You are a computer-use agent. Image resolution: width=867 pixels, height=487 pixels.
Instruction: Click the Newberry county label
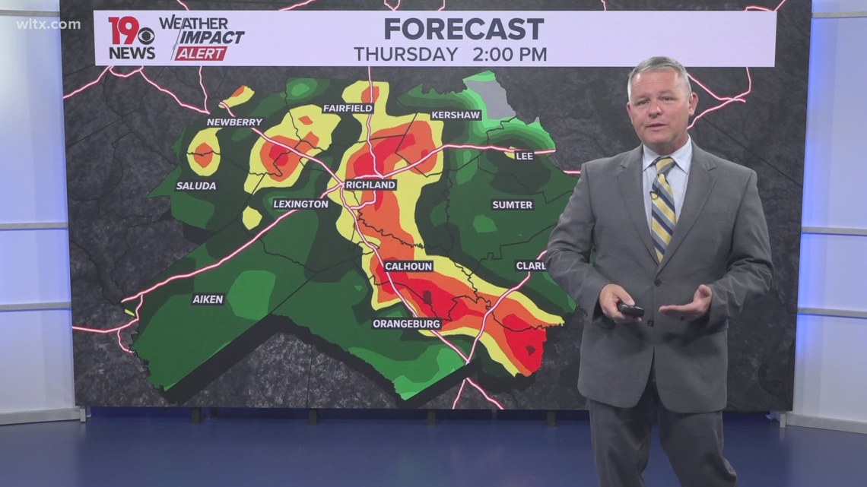pos(234,122)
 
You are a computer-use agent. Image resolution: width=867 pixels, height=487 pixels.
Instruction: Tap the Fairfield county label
pos(348,109)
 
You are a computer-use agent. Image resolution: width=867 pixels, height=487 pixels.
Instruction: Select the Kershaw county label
pos(455,115)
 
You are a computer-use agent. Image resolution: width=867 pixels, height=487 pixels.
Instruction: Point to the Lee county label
pos(524,156)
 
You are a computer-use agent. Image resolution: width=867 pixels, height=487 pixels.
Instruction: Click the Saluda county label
pos(196,185)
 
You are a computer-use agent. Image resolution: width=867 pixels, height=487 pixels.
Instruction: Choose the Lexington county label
pos(301,204)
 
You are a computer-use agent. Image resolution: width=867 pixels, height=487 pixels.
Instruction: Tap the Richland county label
pos(370,185)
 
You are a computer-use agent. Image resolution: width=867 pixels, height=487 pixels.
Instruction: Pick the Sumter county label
pos(512,204)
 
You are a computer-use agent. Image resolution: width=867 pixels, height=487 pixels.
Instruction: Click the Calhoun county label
pos(408,266)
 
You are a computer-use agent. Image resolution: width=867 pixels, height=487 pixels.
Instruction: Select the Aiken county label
pos(208,299)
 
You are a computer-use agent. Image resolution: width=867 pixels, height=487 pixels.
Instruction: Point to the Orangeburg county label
pos(407,324)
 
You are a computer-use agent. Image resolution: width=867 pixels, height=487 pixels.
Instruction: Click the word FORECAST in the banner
pos(464,29)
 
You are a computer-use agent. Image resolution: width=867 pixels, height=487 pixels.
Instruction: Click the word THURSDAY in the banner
pos(406,55)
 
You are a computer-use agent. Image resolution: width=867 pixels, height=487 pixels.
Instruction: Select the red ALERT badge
pos(201,54)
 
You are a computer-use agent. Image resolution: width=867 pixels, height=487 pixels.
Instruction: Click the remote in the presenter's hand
pos(630,309)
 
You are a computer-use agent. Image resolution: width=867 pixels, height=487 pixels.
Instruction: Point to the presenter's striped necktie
pos(663,205)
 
